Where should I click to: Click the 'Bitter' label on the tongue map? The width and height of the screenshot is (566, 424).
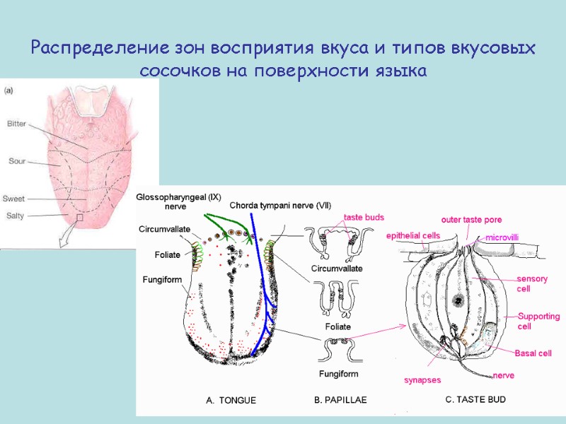click(16, 124)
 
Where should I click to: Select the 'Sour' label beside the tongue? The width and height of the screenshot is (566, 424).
click(17, 161)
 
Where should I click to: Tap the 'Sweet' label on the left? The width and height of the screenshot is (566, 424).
click(14, 199)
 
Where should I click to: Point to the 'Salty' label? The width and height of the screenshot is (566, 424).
click(16, 215)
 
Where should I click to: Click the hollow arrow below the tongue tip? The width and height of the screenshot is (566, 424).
click(67, 236)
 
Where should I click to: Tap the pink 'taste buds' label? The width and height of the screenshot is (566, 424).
click(364, 218)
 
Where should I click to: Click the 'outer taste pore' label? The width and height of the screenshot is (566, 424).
click(472, 220)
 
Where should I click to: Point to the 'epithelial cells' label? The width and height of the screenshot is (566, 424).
click(413, 235)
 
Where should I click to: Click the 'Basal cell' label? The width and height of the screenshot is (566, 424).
click(533, 353)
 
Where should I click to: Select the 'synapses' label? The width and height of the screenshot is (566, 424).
click(422, 380)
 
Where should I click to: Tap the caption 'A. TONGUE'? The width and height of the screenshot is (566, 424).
click(231, 400)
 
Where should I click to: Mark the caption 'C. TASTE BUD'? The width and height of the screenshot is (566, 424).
click(475, 399)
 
